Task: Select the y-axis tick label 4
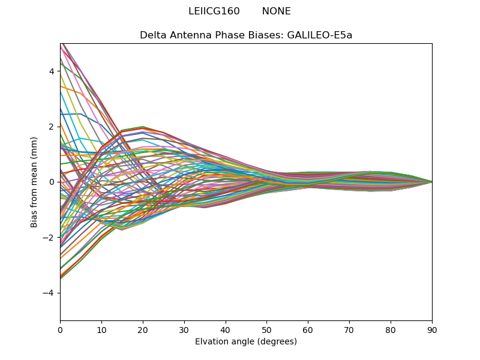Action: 52,71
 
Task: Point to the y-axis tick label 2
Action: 52,127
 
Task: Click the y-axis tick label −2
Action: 50,238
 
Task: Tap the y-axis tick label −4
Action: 50,293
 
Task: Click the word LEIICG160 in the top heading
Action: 214,11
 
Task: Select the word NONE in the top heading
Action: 277,11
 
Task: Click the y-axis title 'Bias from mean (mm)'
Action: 35,182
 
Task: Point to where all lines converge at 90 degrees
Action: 432,182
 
